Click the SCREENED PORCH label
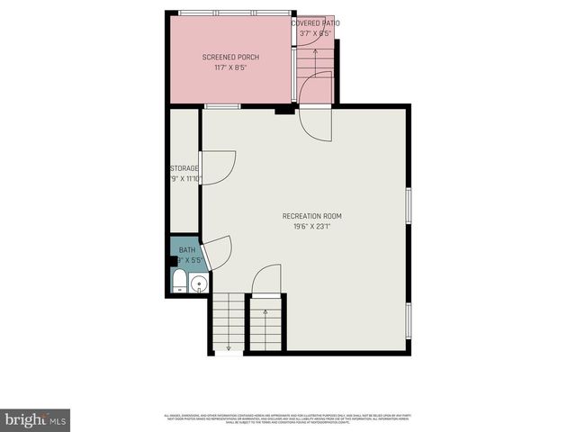click(230, 57)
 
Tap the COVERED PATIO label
click(315, 22)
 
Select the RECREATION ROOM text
click(311, 216)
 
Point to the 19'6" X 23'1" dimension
click(311, 227)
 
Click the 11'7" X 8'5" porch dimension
click(230, 67)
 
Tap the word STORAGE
click(184, 168)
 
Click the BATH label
click(186, 250)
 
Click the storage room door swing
click(217, 167)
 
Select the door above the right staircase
click(266, 280)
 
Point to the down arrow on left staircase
click(229, 346)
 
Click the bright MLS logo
click(35, 419)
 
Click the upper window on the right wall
click(409, 204)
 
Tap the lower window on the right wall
click(409, 319)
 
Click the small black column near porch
click(283, 110)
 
